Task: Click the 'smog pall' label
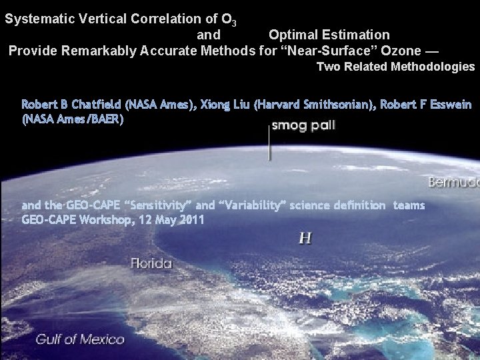click(x=303, y=125)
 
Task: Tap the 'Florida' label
click(x=151, y=263)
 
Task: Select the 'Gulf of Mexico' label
click(x=80, y=339)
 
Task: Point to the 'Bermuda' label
click(x=453, y=181)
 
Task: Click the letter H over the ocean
click(x=305, y=238)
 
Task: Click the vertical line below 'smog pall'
click(x=269, y=143)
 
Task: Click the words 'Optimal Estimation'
click(x=329, y=34)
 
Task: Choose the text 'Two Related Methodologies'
click(x=395, y=67)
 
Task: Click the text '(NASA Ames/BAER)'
click(x=73, y=119)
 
